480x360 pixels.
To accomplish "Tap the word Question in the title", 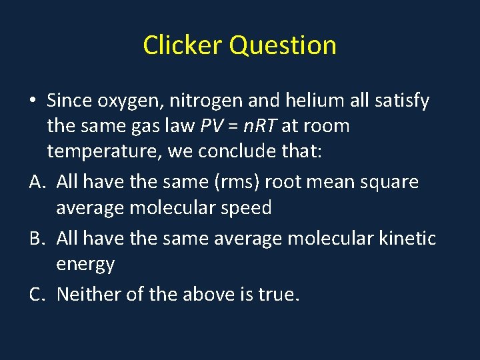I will (x=283, y=45).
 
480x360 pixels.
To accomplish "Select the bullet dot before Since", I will (x=33, y=101).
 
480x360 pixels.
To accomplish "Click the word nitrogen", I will (x=205, y=101).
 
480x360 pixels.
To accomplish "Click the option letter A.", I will (x=37, y=181).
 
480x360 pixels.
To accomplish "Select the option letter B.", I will (x=37, y=238).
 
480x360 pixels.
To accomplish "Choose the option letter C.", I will (x=37, y=293).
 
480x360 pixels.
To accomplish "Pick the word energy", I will (x=85, y=265).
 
